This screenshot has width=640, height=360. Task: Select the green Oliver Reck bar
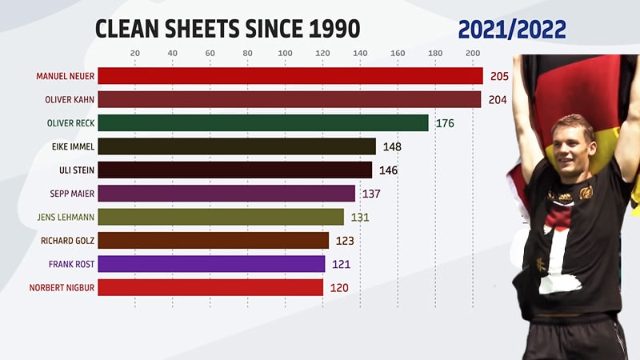[263, 122]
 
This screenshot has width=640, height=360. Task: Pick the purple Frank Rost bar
[211, 264]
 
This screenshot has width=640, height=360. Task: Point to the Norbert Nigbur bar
[210, 287]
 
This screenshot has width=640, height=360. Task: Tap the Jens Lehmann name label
[65, 217]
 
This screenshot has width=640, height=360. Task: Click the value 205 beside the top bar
[498, 76]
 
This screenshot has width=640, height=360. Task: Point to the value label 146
[387, 170]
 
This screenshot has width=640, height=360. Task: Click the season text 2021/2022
[512, 29]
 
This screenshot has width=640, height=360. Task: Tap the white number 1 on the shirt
[560, 256]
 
